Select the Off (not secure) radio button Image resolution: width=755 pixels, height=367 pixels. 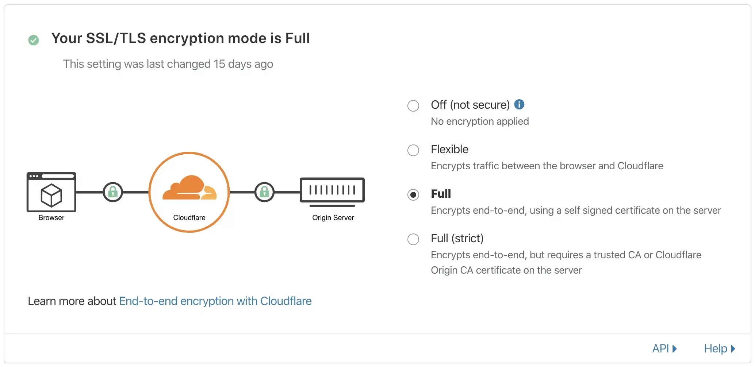coord(413,106)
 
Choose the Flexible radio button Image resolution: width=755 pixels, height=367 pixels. coord(413,150)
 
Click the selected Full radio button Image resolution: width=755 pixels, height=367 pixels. coord(413,195)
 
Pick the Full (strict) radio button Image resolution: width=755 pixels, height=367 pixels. coord(413,239)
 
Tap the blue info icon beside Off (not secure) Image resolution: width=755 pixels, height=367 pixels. coord(519,104)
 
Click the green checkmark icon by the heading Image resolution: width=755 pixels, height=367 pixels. coord(34,40)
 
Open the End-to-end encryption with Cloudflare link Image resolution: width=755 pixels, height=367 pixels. coord(215,301)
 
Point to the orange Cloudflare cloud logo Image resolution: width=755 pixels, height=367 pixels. coord(189,188)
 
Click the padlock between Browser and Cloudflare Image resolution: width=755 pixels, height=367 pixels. coord(113,192)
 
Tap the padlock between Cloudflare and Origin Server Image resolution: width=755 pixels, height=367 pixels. coord(264,192)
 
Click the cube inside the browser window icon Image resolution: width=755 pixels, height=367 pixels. coord(51,195)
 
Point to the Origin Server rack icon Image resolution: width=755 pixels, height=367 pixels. coord(332,192)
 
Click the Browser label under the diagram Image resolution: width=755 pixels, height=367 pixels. coord(51,218)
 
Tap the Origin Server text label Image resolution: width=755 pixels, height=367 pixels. coord(333,218)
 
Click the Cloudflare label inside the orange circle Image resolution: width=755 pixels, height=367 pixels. coord(189,218)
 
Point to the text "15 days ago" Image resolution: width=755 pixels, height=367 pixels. coord(243,64)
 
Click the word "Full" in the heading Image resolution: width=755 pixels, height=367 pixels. coord(298,38)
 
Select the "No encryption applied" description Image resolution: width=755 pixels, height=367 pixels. coord(480,121)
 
